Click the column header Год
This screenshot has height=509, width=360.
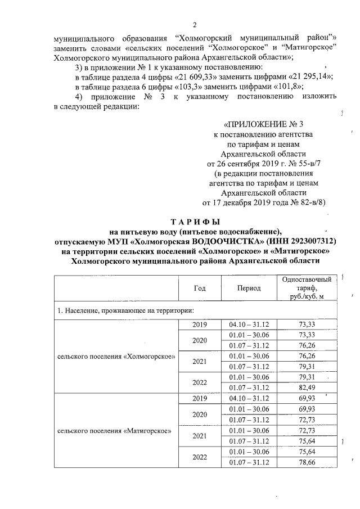tap(200, 288)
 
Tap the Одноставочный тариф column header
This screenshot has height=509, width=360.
tap(307, 288)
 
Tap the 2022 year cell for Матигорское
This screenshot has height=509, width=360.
tap(200, 457)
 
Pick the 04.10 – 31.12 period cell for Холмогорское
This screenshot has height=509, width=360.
tap(249, 325)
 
